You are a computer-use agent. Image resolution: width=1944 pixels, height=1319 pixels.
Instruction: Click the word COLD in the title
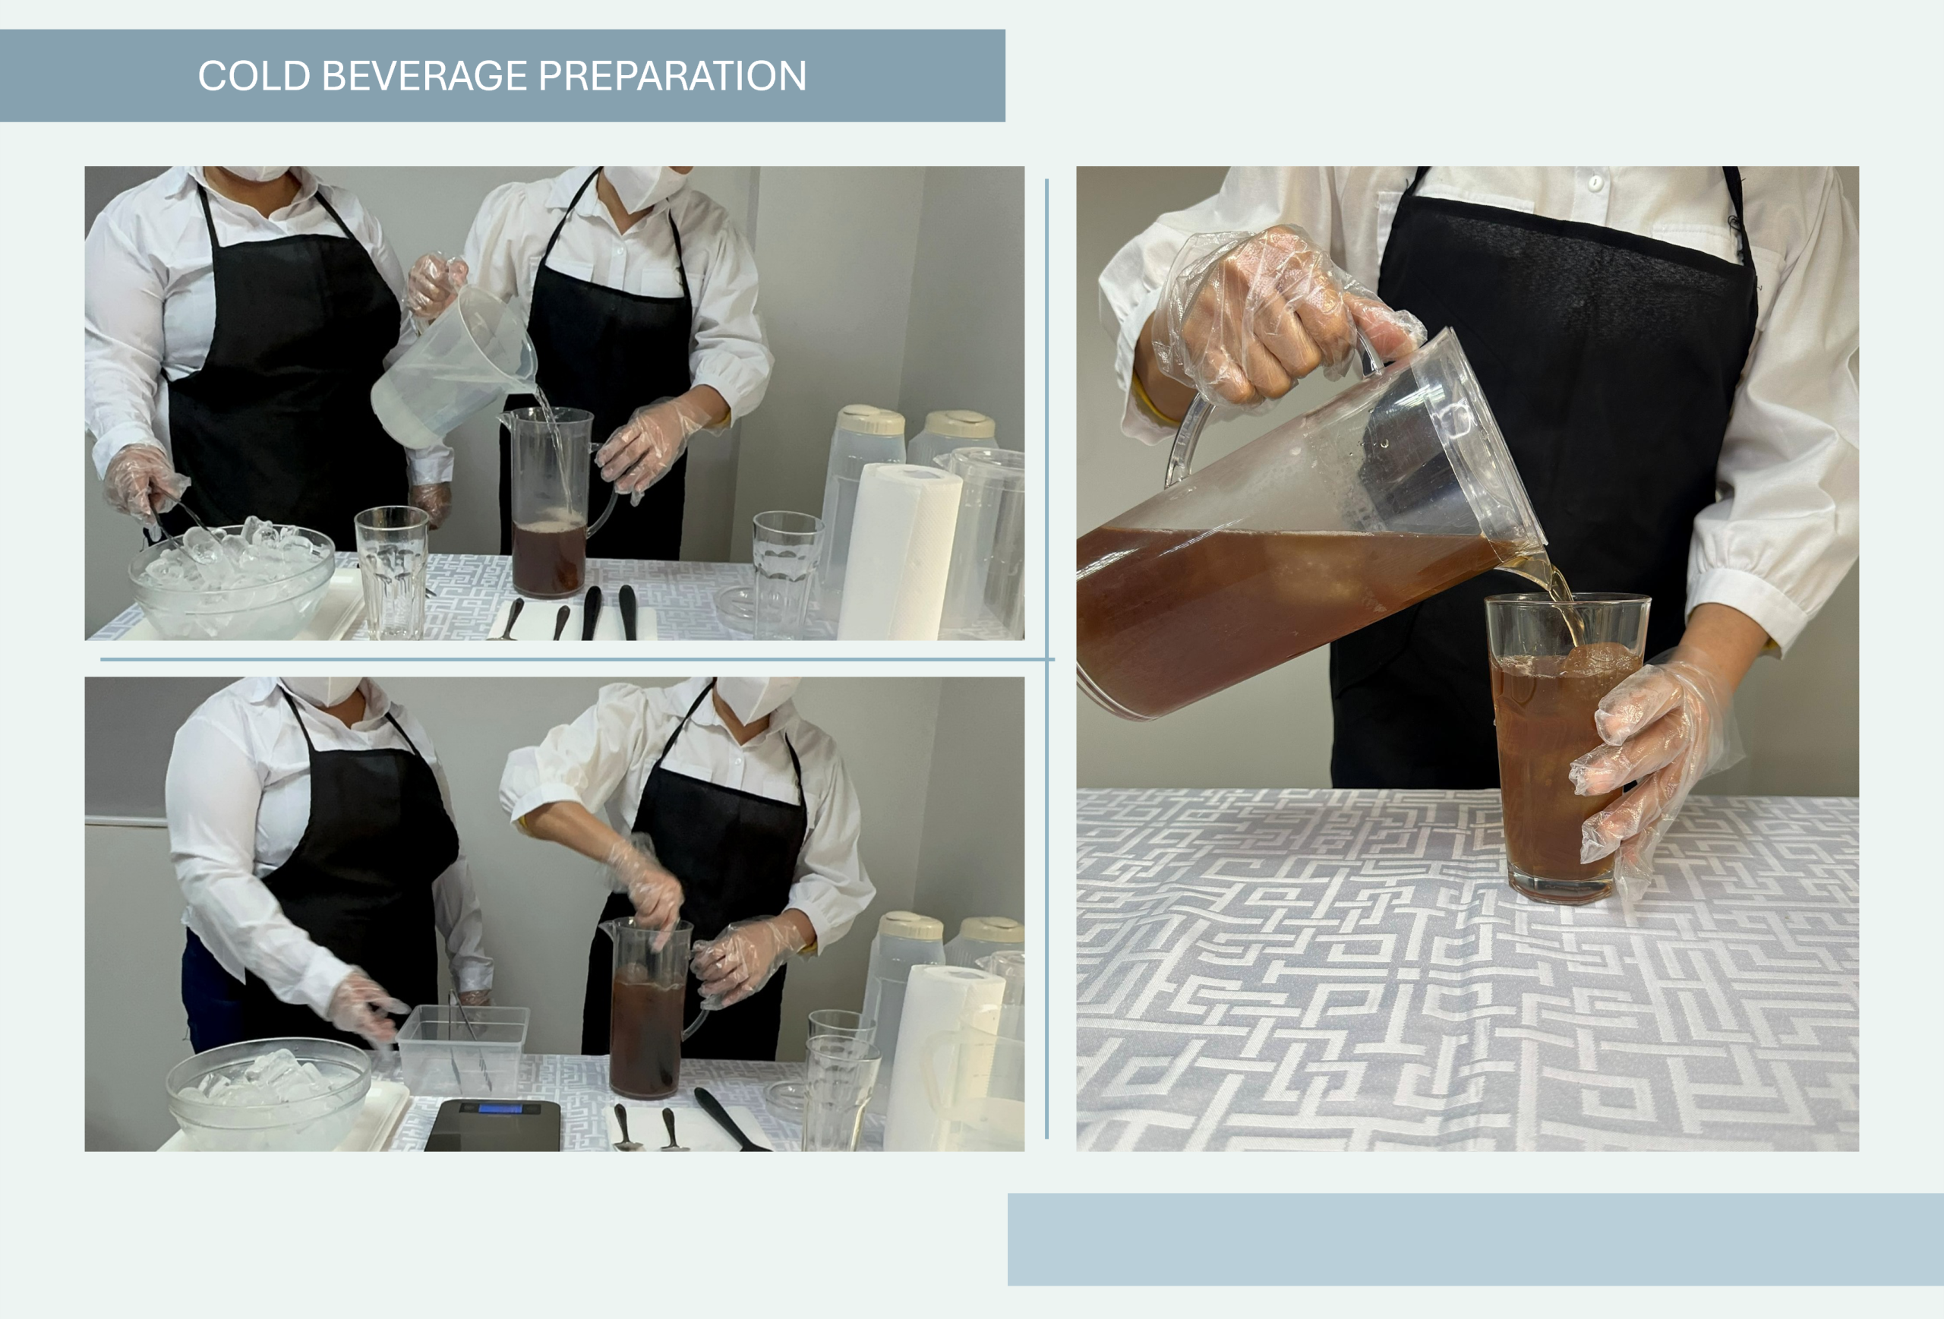tap(254, 76)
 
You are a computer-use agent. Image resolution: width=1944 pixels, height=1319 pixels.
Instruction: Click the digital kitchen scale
tap(494, 1125)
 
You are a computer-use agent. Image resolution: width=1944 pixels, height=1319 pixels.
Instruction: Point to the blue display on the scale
tap(500, 1109)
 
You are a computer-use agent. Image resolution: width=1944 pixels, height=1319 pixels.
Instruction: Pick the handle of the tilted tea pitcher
tap(1192, 435)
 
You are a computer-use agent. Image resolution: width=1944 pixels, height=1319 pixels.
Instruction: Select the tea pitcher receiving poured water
tap(552, 502)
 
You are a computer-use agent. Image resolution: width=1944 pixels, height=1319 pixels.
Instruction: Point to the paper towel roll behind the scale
tap(944, 1058)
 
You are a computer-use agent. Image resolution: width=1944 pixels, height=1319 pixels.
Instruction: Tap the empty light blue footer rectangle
tap(1475, 1239)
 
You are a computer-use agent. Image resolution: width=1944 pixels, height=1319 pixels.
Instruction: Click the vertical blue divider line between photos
tap(1046, 658)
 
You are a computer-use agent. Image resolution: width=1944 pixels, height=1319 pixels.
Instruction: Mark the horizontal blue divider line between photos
tap(577, 659)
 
